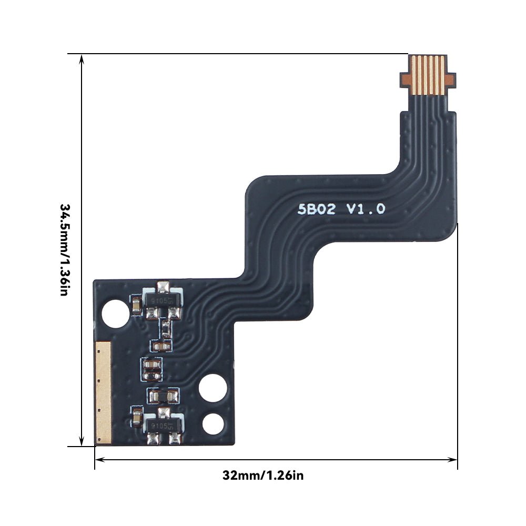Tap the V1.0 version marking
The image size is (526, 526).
tap(365, 209)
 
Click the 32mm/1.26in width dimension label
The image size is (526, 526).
tap(263, 476)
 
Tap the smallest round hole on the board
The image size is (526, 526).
tap(213, 423)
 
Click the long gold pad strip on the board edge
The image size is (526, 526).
tap(103, 391)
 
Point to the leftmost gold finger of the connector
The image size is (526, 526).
tap(414, 75)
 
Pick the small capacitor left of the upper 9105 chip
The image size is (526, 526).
tap(136, 305)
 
